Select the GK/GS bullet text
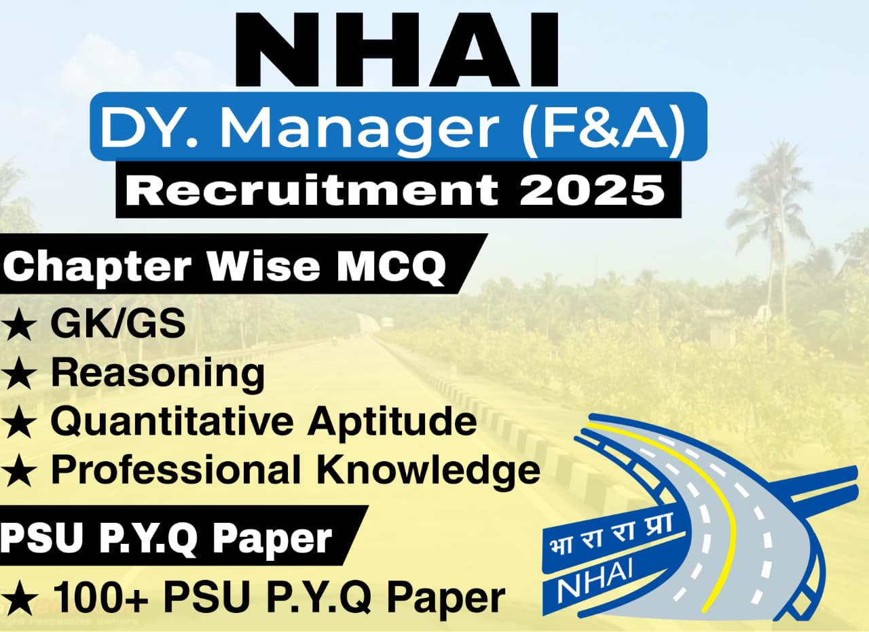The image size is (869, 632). click(x=117, y=323)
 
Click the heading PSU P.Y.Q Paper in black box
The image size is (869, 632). click(x=166, y=539)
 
